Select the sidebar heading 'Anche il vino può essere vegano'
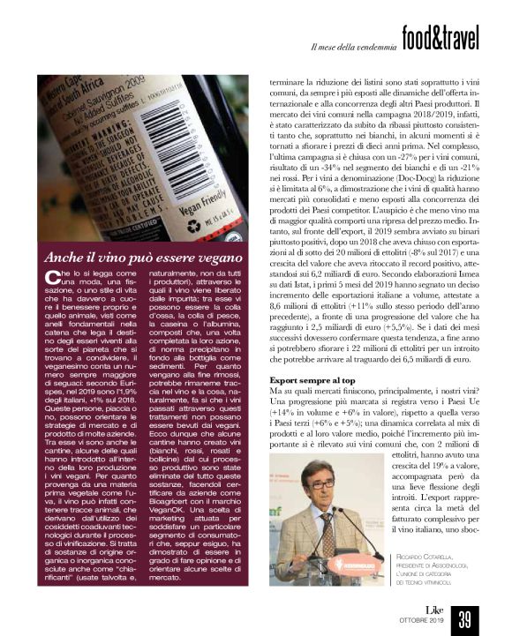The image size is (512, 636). point(142,260)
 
